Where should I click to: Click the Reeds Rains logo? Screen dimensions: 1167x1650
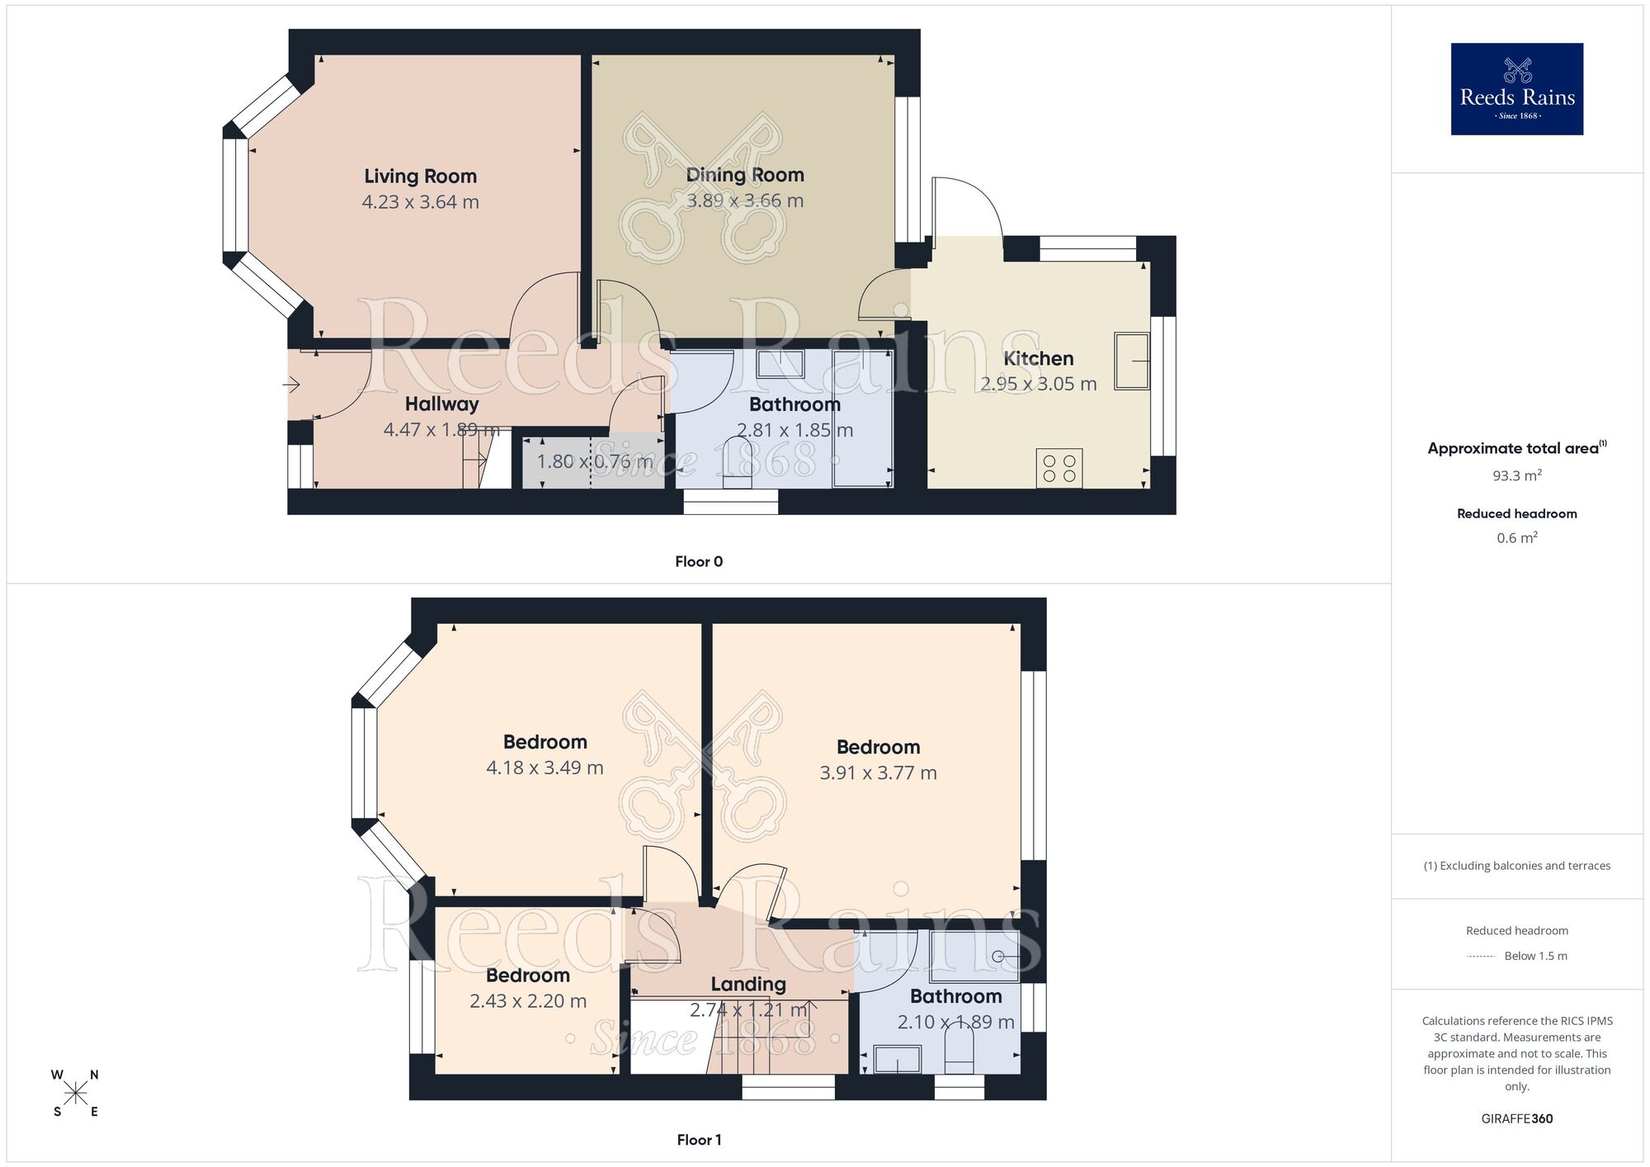(x=1516, y=89)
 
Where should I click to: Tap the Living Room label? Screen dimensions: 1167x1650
(x=420, y=176)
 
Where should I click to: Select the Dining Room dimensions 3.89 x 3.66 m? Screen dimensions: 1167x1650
(x=745, y=201)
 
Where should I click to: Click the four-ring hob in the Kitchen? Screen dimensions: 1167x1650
(x=1058, y=468)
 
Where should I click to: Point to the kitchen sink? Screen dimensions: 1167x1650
(x=1131, y=361)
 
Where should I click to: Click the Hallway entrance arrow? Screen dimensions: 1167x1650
(x=291, y=385)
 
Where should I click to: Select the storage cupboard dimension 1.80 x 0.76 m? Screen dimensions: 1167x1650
(x=594, y=461)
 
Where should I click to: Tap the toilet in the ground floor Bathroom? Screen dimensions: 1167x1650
(x=738, y=463)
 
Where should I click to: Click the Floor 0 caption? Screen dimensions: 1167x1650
(x=699, y=561)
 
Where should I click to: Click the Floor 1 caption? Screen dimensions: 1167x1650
(x=699, y=1140)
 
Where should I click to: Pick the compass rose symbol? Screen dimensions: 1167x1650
(x=75, y=1094)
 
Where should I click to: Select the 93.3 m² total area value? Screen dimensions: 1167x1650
(x=1516, y=475)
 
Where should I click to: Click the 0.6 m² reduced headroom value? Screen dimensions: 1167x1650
(x=1516, y=538)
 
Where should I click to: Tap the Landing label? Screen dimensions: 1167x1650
(x=747, y=984)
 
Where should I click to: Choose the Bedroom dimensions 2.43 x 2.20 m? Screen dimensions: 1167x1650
(x=528, y=1001)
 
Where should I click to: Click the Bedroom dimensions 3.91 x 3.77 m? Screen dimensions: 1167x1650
(x=878, y=773)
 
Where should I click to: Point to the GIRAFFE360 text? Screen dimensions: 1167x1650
(x=1516, y=1118)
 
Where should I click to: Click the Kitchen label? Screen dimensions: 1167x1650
(x=1038, y=358)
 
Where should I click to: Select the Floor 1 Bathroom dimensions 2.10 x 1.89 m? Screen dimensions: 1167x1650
(x=955, y=1022)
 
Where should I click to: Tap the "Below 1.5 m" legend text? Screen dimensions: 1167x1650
(x=1535, y=956)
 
